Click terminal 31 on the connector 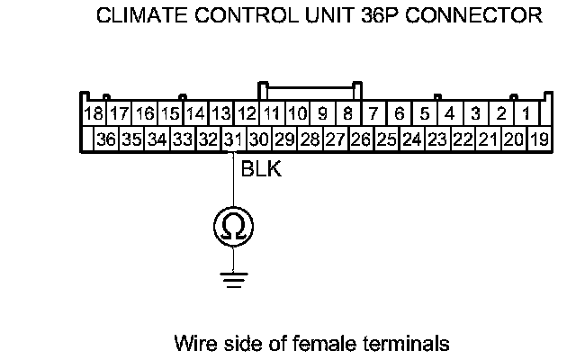coord(233,139)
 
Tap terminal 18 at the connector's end coord(93,114)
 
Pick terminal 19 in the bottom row coord(540,139)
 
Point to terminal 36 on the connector coord(106,139)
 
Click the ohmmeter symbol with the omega coord(233,226)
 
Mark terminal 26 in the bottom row coord(362,139)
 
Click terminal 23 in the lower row coord(438,139)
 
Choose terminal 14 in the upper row coord(195,114)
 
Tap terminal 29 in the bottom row coord(284,139)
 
